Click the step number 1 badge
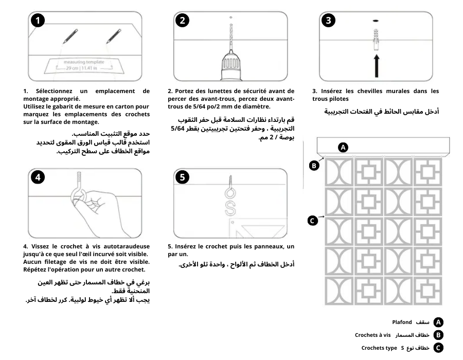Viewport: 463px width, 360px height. (37, 21)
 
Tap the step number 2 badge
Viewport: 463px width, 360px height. (183, 21)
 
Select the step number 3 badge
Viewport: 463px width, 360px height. (329, 21)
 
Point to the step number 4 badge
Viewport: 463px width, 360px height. (37, 177)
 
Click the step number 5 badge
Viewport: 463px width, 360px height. (183, 177)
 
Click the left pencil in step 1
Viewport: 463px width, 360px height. (69, 36)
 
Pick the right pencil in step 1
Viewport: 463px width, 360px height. (113, 36)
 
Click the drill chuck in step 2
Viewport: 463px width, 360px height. (230, 66)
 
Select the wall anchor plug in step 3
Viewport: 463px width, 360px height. (376, 39)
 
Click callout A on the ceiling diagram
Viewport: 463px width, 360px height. (343, 148)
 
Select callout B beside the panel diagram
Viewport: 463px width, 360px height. (313, 166)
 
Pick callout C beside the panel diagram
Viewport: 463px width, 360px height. (312, 221)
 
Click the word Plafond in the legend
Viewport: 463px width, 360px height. (402, 322)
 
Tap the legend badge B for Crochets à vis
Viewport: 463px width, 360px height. (438, 335)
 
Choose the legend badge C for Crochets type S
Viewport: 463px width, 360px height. (438, 348)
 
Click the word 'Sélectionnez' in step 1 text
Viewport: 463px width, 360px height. (54, 91)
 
